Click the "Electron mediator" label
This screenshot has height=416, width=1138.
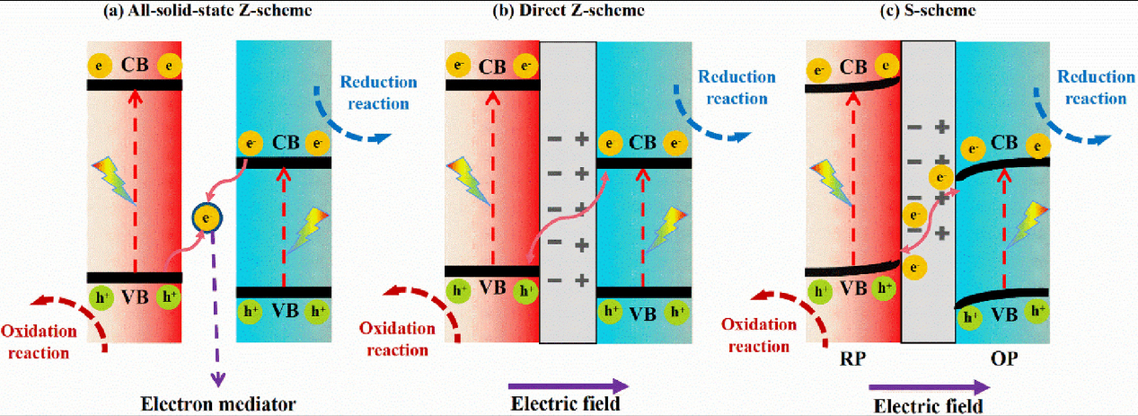pos(218,403)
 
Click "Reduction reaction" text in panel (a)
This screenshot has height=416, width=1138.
pos(377,93)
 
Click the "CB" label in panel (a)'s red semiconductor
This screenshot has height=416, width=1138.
pos(135,65)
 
